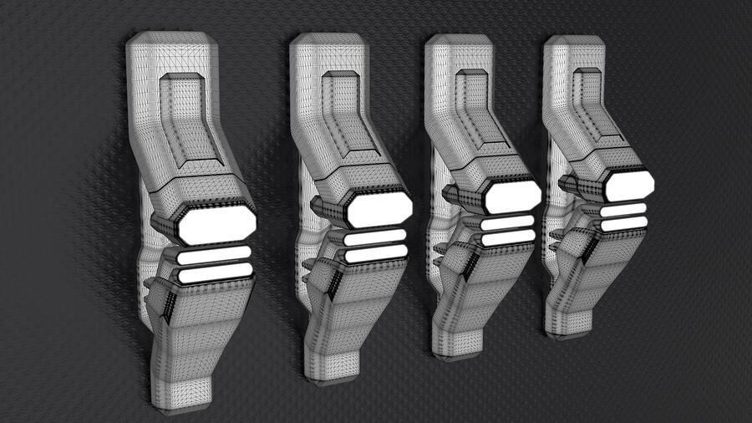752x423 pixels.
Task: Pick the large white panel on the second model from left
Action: (379, 208)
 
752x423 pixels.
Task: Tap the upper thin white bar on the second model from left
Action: (375, 237)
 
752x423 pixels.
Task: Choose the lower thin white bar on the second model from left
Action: (377, 252)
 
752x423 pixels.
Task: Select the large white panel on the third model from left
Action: (511, 196)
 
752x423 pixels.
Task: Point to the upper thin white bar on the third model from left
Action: (507, 222)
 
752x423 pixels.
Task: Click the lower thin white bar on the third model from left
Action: (507, 237)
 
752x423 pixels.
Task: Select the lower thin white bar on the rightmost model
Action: (623, 224)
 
